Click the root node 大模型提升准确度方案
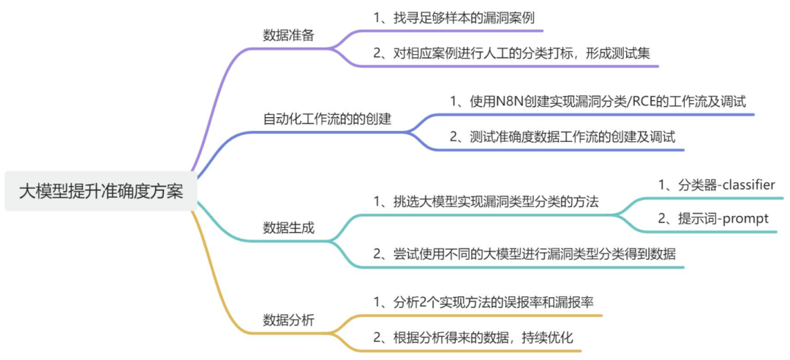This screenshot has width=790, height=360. coord(101,192)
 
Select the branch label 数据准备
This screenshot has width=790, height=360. coord(289,35)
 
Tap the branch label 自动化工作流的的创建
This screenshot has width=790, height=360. coord(327,119)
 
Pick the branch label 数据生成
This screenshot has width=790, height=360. coord(289,228)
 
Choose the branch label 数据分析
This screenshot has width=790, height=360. coord(289,320)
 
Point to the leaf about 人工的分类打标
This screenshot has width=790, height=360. coord(512,53)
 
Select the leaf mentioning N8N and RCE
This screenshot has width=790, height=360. coord(598,101)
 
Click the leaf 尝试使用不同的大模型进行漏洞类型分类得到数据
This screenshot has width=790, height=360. coord(524,254)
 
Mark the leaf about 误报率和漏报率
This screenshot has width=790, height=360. coord(484,302)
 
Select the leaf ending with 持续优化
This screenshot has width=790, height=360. coord(473,338)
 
